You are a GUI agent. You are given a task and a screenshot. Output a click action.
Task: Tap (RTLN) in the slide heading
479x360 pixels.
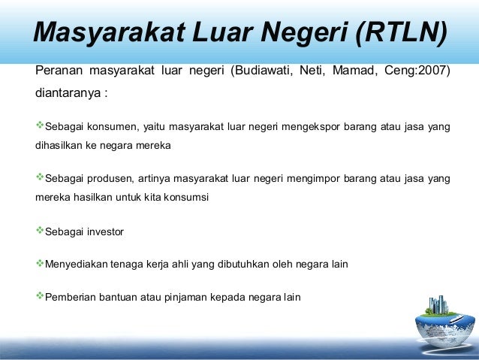(402, 32)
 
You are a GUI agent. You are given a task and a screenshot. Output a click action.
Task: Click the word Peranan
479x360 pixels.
(59, 73)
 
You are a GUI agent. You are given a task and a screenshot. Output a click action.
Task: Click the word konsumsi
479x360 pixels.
(187, 198)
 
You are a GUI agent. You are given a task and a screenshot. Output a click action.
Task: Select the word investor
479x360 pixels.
(104, 232)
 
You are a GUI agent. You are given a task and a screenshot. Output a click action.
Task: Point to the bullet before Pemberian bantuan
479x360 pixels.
(40, 296)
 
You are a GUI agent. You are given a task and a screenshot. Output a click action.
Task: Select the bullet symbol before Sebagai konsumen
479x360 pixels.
(40, 126)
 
